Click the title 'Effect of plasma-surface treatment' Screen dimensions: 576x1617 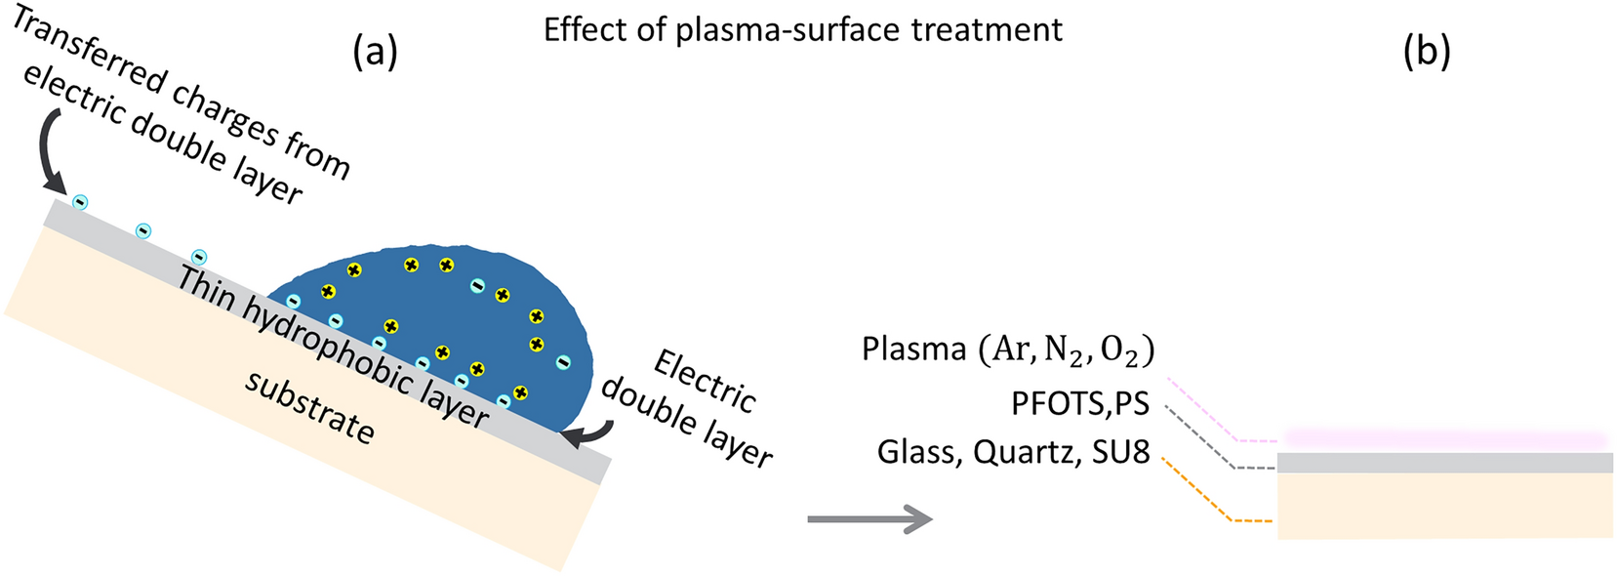click(x=802, y=30)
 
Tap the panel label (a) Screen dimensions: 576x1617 click(x=376, y=52)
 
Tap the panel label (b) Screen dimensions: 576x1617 click(x=1426, y=52)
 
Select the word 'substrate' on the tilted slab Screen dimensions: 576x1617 click(x=309, y=407)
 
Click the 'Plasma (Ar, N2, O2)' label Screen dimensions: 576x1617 click(x=1007, y=350)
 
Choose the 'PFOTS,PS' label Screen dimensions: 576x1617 click(x=1079, y=403)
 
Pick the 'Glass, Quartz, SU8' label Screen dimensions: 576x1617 click(x=1013, y=452)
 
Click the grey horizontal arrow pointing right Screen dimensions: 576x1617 click(x=869, y=519)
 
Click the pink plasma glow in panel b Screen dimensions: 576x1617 click(x=1444, y=438)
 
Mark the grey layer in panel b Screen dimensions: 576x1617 click(x=1444, y=463)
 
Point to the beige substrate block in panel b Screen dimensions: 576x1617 click(x=1444, y=505)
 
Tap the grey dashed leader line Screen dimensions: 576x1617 click(x=1206, y=440)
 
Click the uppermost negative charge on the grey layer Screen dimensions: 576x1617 click(x=81, y=202)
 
